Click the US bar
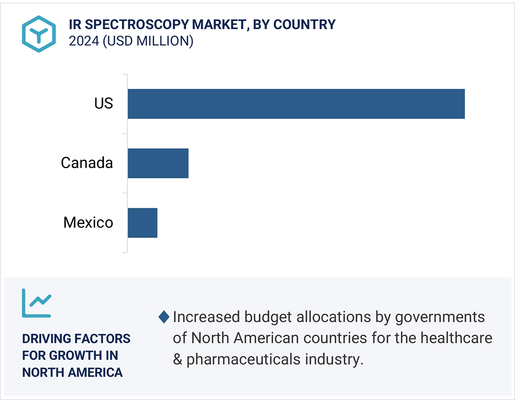[296, 104]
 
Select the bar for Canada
[158, 163]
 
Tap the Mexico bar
[142, 223]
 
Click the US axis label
[103, 103]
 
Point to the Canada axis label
[87, 163]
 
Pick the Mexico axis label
[88, 223]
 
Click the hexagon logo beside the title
[39, 34]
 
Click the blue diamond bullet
[164, 317]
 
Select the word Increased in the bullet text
[206, 317]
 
